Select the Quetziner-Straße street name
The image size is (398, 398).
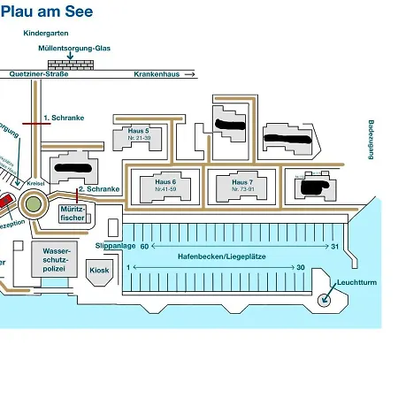pos(39,74)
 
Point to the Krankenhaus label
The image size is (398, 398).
pos(157,74)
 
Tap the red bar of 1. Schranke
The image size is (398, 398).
pos(36,124)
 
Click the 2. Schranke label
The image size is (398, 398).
pos(98,188)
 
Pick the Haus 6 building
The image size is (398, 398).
pos(165,186)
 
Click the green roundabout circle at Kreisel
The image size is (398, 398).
pos(34,204)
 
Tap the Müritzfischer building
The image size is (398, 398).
pos(72,212)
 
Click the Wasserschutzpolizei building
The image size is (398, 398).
pos(56,262)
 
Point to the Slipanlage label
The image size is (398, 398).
pos(115,246)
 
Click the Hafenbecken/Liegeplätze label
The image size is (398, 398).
pos(222,256)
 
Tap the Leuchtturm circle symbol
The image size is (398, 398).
pos(324,299)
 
